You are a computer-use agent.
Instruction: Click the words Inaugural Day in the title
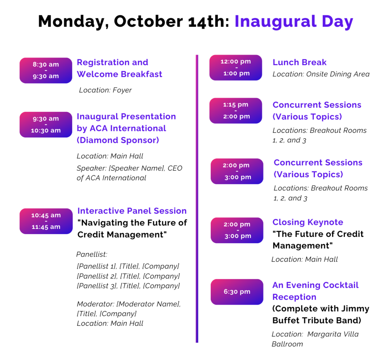(294, 22)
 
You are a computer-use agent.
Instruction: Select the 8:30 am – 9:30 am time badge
(46, 71)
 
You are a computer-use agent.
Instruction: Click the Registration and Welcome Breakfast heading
(120, 68)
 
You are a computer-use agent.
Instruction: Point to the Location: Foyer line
(105, 90)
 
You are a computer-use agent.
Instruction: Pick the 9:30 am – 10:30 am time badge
(46, 124)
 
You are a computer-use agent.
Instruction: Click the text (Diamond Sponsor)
(118, 140)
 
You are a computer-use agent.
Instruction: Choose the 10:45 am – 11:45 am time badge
(46, 221)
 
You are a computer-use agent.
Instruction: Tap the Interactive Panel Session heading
(132, 211)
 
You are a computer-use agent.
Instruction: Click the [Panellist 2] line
(128, 276)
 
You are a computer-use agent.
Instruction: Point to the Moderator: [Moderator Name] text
(129, 304)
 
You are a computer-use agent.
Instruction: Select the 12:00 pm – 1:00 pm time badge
(236, 67)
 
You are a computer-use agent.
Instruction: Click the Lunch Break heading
(299, 62)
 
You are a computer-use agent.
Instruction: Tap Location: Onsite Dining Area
(321, 74)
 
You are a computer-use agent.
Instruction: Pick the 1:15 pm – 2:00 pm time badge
(236, 111)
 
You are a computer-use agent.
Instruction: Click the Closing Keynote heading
(308, 222)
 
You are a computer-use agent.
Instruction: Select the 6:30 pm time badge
(237, 292)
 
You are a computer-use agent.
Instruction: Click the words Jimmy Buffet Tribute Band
(321, 315)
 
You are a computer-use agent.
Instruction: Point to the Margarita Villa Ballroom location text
(315, 339)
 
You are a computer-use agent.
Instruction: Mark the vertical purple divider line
(197, 199)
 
